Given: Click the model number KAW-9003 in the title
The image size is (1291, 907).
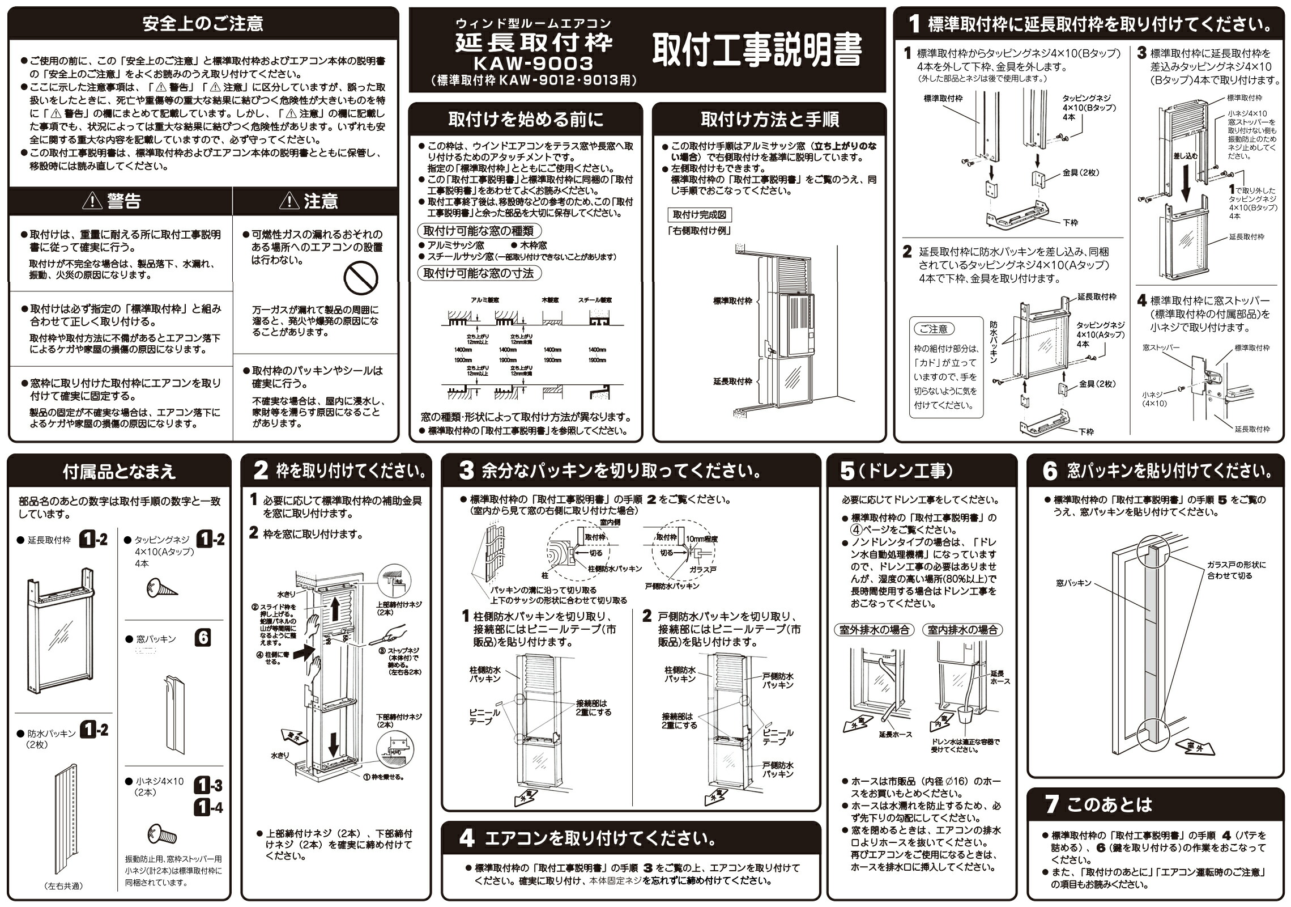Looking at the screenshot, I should coord(533,63).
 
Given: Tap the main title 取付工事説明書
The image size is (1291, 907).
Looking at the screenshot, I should coord(757,50).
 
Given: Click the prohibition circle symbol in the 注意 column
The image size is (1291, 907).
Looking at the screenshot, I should coord(361,278).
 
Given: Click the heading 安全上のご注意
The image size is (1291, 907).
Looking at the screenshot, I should coord(203,23).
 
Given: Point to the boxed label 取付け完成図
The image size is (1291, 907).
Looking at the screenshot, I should coord(699,215).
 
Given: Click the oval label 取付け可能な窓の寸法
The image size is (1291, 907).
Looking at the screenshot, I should coord(479,273).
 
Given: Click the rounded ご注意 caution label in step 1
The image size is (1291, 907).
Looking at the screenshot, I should coord(934,329).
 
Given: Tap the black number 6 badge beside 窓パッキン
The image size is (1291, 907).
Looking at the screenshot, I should coord(203,638).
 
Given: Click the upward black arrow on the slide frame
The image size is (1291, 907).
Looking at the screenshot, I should coord(335,610).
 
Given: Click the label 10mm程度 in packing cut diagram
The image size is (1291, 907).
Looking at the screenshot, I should coord(701,539).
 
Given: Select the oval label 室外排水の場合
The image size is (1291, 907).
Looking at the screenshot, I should coord(873,630).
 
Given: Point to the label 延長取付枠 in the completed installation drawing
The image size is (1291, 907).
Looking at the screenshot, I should coord(732,382).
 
